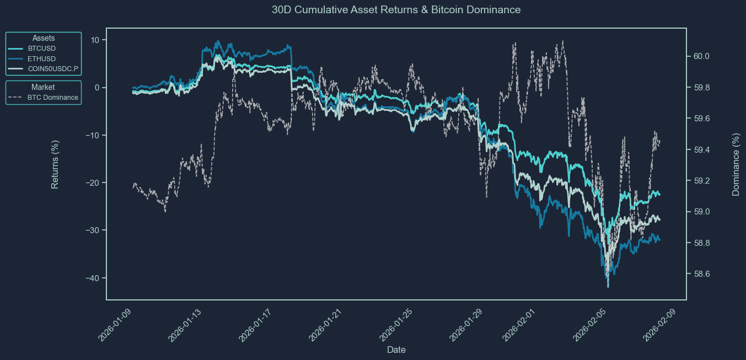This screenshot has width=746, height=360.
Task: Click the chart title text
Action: pos(396,10)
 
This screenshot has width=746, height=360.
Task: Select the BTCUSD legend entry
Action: pos(45,48)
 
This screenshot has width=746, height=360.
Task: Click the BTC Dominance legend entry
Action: pos(52,98)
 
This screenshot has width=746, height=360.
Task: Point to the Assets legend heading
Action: pos(44,38)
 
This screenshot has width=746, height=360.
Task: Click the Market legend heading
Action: pos(43,87)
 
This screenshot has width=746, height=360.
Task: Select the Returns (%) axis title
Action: pos(55,164)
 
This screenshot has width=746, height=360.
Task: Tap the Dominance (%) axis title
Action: pos(736,164)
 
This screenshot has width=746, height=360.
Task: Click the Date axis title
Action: pos(396,350)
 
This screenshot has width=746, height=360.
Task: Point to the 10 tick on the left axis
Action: pos(95,40)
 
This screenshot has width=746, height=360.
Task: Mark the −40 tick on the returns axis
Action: pos(92,278)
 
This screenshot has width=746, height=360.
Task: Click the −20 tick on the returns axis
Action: pos(92,183)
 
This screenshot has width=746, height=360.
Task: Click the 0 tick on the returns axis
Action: pos(97,88)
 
